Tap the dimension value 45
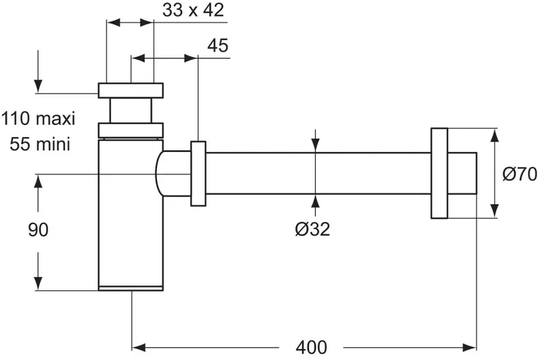click(217, 46)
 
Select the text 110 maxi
click(38, 119)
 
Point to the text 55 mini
click(40, 144)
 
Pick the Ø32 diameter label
click(312, 229)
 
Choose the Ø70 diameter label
click(520, 174)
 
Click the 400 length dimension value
click(311, 347)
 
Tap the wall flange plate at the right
click(439, 173)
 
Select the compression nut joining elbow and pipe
click(198, 173)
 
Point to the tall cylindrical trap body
click(130, 229)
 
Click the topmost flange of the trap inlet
click(130, 90)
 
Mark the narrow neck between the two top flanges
click(130, 110)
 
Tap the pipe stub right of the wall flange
click(462, 174)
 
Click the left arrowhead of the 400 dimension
click(138, 346)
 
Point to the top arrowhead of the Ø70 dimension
click(495, 135)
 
